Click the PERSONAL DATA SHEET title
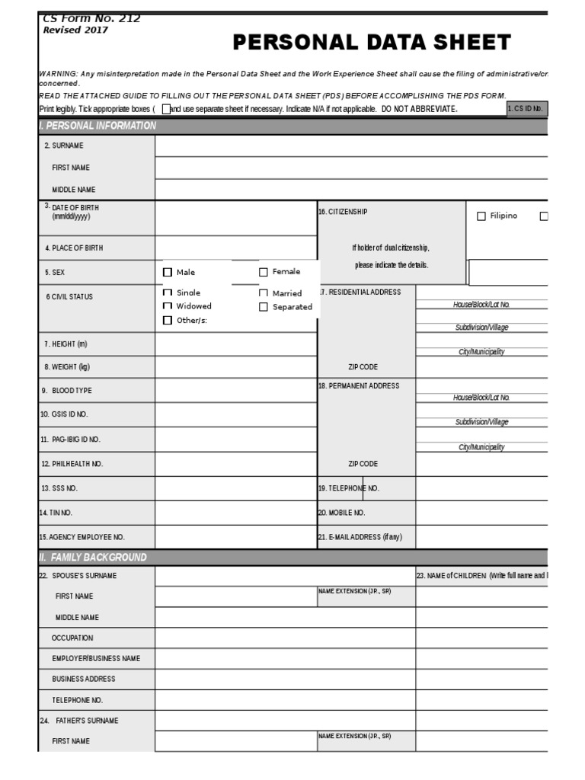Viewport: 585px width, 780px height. point(372,43)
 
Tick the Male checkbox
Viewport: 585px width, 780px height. point(168,272)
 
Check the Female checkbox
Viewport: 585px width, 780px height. point(264,272)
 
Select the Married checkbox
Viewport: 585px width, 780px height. point(264,293)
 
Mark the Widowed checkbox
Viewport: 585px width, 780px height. point(168,306)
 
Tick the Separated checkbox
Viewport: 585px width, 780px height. point(264,307)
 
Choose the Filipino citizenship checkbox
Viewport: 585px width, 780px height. point(481,216)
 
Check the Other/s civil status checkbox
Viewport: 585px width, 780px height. point(168,321)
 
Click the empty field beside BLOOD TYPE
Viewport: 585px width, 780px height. point(236,391)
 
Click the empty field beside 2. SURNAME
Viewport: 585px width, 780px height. point(351,145)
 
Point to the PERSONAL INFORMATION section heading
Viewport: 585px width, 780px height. point(97,126)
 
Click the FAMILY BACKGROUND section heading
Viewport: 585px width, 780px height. point(93,558)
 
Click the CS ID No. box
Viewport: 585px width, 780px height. point(527,109)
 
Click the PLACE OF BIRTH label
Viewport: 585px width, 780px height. point(74,248)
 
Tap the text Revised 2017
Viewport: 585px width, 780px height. point(75,30)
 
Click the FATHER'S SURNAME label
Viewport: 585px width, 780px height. point(84,721)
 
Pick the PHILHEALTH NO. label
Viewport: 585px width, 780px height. point(72,464)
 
